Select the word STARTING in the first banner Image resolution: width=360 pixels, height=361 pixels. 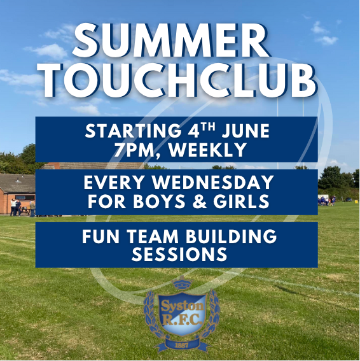click(133, 131)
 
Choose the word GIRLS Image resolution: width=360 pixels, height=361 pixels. click(241, 201)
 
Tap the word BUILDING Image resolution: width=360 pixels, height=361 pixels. click(231, 236)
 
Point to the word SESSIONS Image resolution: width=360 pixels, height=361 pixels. click(179, 255)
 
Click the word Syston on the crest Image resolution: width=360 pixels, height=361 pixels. click(183, 306)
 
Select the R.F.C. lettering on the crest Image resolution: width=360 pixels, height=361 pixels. click(183, 320)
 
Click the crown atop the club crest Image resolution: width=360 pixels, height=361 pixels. click(183, 284)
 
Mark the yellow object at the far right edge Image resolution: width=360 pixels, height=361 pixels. click(356, 201)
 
